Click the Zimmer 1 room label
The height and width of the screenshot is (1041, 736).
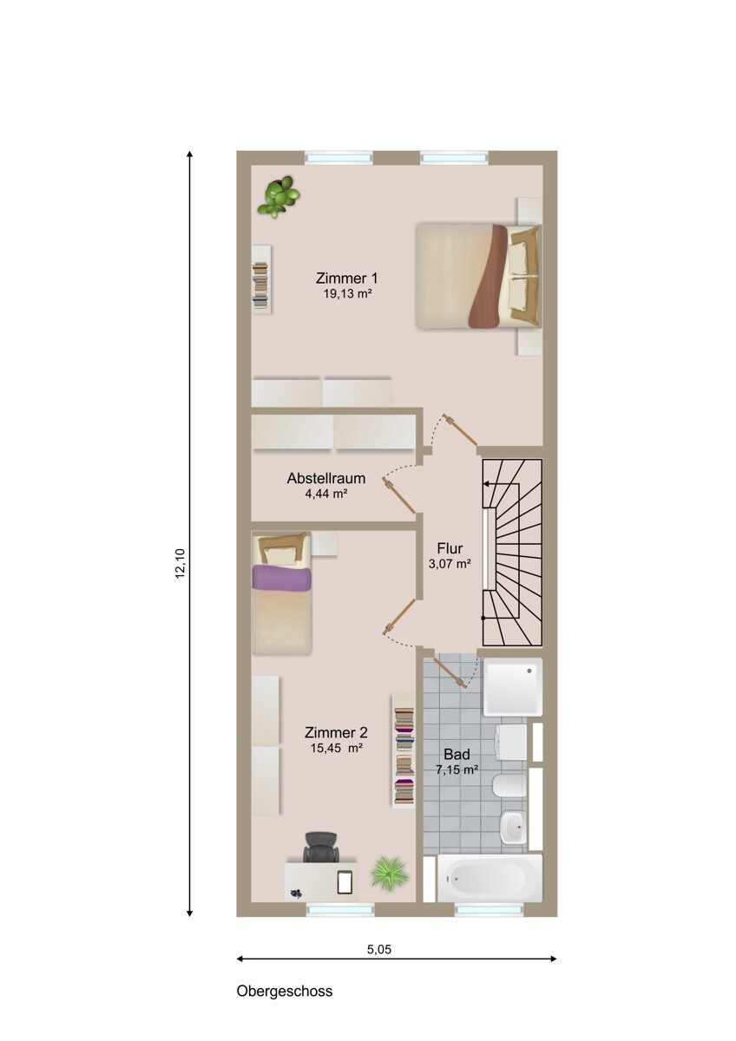pos(346,278)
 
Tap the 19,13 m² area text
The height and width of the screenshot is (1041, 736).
pos(347,294)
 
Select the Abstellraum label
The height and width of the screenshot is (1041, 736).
pos(326,478)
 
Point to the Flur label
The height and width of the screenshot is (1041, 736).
pos(450,548)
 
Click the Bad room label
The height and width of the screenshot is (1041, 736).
pos(457,754)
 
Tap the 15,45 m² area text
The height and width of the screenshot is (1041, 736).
pos(336,748)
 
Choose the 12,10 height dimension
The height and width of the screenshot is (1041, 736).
pos(181,563)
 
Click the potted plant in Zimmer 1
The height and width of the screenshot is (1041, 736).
pos(279,196)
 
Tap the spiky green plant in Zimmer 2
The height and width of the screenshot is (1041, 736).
pos(389,874)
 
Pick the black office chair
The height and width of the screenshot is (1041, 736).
pos(321,847)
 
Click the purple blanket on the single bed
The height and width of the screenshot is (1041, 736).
pos(281,579)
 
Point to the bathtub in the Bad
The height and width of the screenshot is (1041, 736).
pos(490,877)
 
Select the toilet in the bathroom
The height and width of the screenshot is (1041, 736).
pos(509,785)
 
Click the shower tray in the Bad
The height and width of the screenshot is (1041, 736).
pos(513,687)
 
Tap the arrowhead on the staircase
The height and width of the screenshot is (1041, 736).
pos(487,484)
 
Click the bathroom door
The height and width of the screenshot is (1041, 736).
pos(450,671)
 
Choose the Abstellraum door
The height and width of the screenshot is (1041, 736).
pos(399,495)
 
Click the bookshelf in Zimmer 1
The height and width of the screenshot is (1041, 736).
pos(261,279)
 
